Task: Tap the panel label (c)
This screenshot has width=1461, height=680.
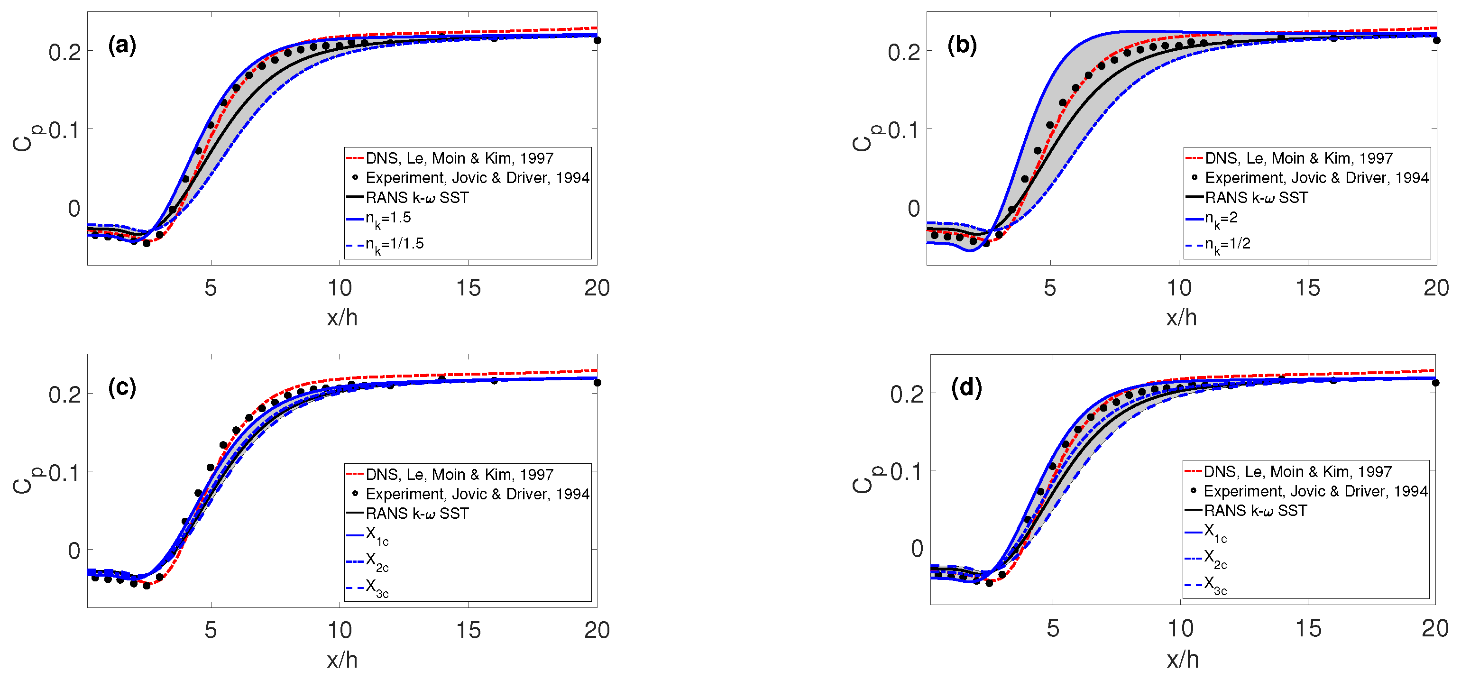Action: (x=122, y=387)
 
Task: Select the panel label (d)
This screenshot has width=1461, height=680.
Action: (x=966, y=387)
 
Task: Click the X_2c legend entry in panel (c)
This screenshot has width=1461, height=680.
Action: (x=377, y=561)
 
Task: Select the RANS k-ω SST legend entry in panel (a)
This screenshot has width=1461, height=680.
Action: (x=417, y=197)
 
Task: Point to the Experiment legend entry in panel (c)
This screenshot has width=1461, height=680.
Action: (x=477, y=494)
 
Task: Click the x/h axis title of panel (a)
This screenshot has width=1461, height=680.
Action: (x=342, y=318)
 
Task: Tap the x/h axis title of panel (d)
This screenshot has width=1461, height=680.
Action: (x=1183, y=660)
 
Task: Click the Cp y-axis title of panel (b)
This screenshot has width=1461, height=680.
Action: (x=864, y=138)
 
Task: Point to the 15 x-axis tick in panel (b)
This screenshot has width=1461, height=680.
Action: (x=1307, y=288)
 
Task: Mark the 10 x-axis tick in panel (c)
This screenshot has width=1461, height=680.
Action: (x=340, y=630)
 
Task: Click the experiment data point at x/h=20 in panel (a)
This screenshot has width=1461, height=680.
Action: (x=597, y=40)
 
